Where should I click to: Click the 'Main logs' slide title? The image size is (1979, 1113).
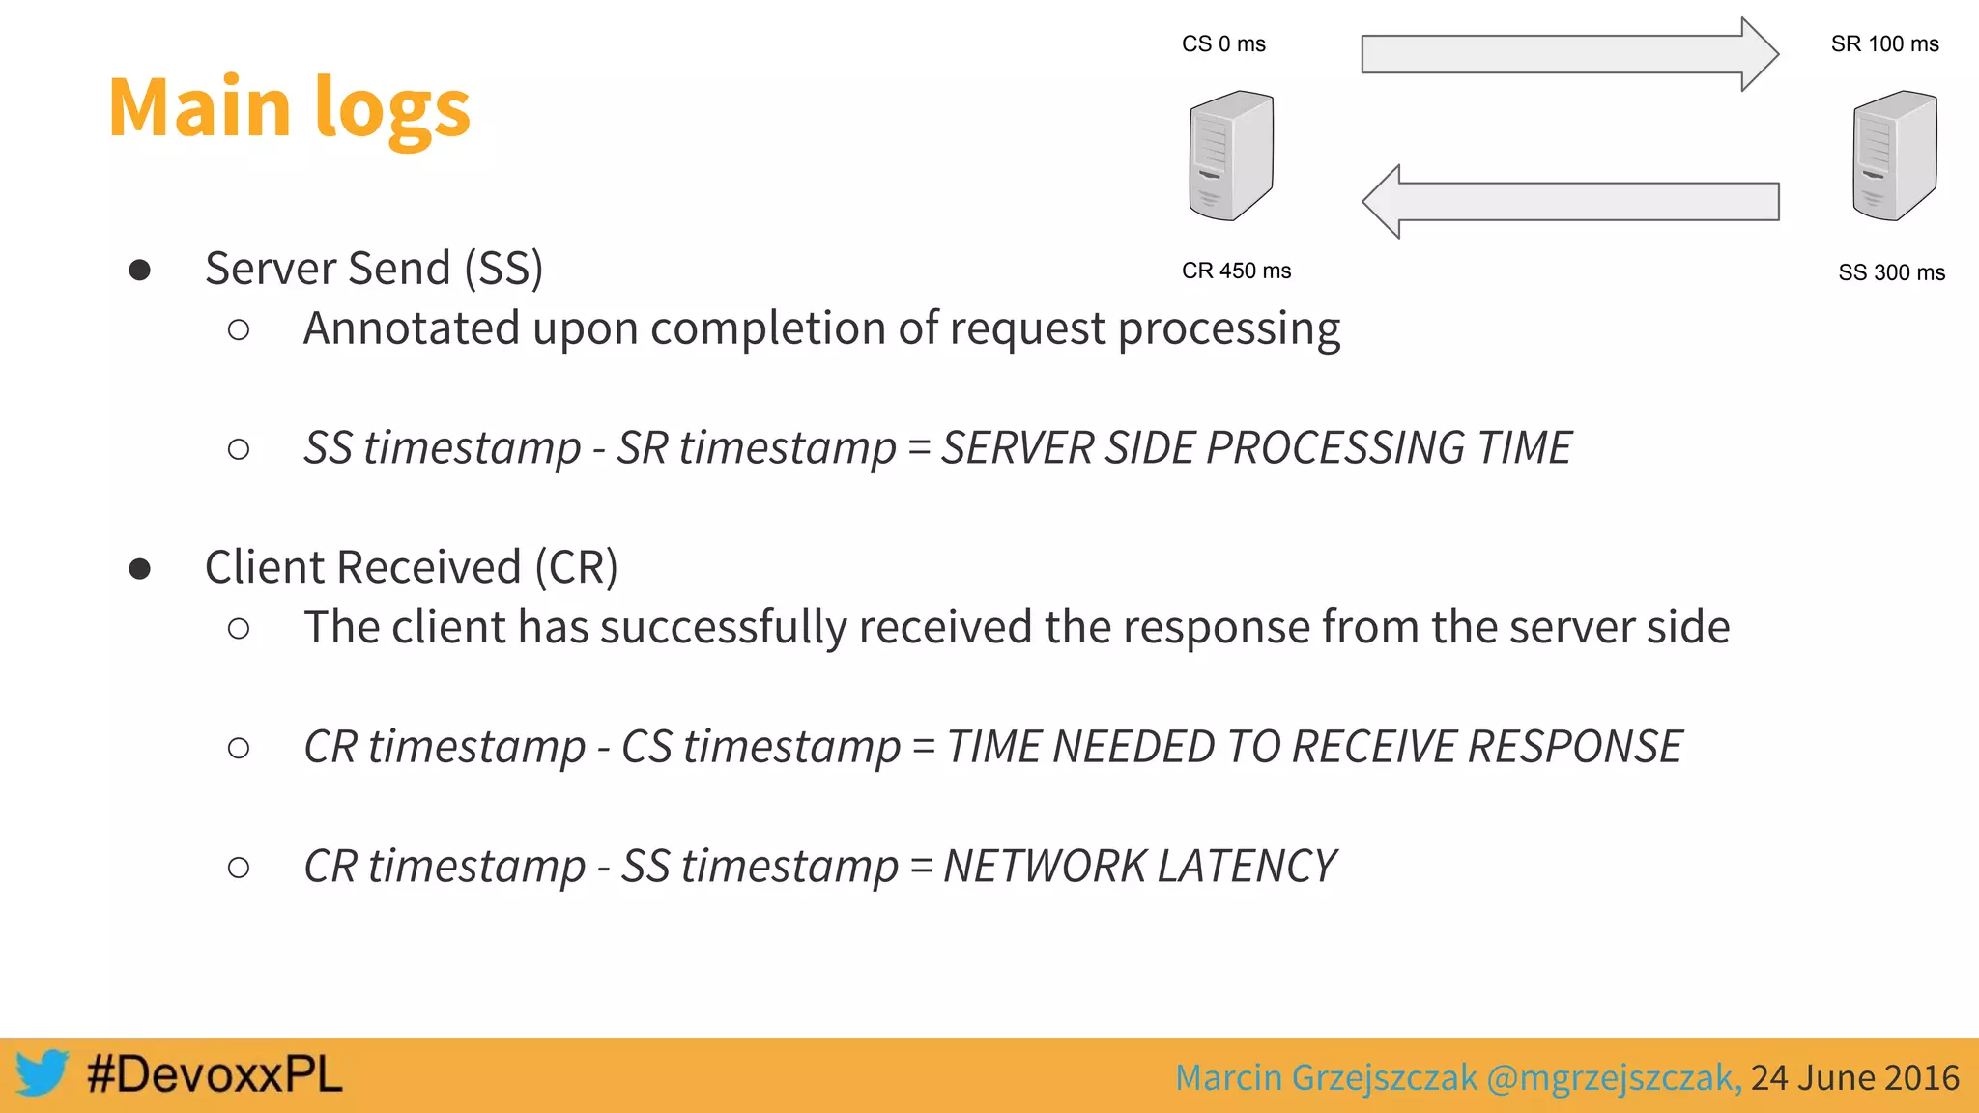[289, 108]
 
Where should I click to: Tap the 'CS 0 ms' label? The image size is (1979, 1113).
[1223, 44]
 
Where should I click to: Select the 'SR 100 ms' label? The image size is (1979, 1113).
[1884, 44]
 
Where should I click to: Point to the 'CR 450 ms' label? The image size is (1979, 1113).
[1236, 271]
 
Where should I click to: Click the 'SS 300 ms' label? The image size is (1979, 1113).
[1891, 273]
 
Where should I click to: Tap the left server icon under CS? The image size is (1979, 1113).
[1230, 156]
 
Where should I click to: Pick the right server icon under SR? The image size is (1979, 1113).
[1894, 156]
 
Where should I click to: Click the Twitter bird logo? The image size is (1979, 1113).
[42, 1073]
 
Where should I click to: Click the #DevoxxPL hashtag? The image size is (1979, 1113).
[215, 1074]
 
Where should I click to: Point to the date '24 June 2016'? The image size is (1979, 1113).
[1854, 1077]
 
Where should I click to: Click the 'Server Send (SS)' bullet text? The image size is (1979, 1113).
[374, 269]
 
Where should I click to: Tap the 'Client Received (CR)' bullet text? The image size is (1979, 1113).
[411, 567]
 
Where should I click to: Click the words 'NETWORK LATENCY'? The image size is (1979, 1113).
[1139, 866]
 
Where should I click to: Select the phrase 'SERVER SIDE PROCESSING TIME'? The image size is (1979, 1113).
[1256, 448]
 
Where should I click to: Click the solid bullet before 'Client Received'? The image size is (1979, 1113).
[140, 568]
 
